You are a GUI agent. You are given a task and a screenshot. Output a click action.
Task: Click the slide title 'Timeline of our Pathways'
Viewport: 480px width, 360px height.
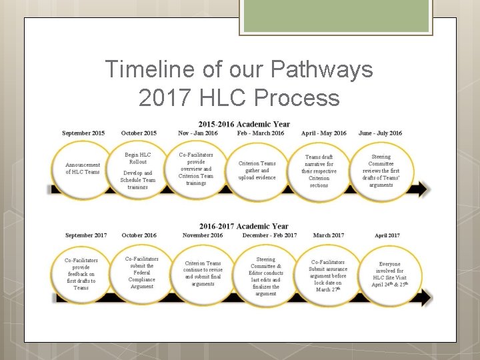(x=239, y=69)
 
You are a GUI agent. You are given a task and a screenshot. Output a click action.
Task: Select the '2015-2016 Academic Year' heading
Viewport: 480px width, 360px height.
(x=244, y=124)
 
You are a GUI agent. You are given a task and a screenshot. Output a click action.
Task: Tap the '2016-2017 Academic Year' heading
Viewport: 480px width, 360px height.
(x=244, y=226)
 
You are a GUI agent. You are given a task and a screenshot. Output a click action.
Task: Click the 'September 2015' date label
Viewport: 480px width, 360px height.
(x=83, y=133)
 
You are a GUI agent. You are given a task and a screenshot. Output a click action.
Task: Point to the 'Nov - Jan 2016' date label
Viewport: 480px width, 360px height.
(x=198, y=133)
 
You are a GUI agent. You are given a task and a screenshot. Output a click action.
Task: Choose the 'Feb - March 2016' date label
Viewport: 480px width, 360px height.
(x=261, y=133)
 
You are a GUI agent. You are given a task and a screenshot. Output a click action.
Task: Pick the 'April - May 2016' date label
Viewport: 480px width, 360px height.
(x=324, y=133)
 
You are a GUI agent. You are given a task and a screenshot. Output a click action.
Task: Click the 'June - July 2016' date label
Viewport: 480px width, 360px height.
(x=381, y=133)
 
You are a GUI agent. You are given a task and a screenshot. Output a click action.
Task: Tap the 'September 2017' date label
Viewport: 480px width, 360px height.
(x=86, y=235)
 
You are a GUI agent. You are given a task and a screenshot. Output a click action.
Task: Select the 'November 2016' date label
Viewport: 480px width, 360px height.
(x=203, y=235)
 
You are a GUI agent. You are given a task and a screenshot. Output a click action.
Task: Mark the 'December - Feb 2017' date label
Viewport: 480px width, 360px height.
(x=270, y=235)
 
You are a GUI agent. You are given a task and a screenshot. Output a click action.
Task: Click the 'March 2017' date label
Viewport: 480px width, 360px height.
(x=329, y=235)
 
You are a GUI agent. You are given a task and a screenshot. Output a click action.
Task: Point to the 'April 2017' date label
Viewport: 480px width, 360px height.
(x=387, y=235)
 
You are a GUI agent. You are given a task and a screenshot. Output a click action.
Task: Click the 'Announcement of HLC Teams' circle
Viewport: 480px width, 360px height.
(x=83, y=169)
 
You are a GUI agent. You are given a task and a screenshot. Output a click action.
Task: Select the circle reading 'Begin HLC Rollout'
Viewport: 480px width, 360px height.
(x=138, y=171)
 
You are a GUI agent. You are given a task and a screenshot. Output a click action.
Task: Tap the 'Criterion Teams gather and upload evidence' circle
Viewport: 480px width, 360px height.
(x=257, y=171)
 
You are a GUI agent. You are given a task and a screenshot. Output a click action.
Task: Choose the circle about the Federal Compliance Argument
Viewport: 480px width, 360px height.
(x=142, y=273)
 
